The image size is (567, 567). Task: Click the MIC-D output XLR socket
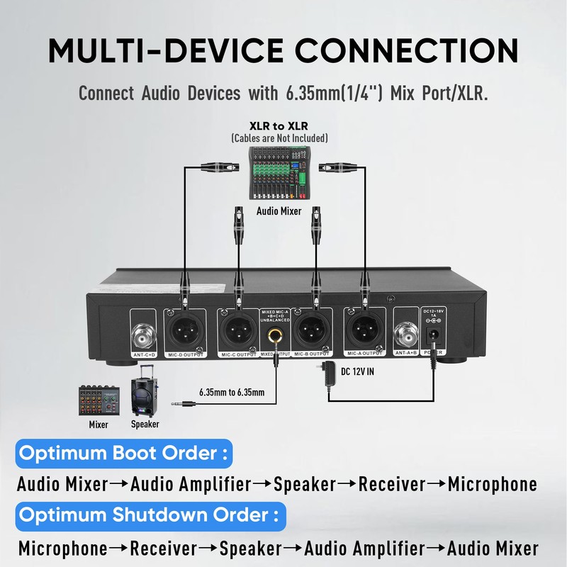pos(184,328)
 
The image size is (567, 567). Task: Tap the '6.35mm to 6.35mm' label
pos(232,392)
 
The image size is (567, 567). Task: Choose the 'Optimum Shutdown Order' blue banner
pos(149,513)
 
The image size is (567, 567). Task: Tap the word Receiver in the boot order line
pos(391,485)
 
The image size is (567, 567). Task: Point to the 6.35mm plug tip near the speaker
pos(174,405)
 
